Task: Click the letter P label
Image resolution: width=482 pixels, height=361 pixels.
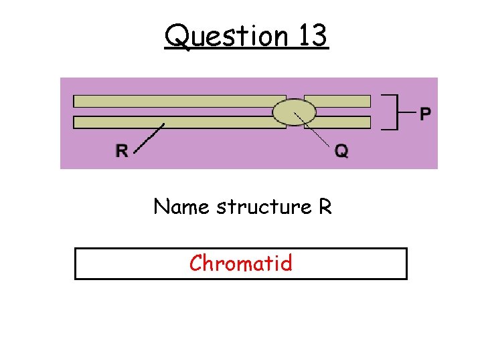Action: pos(425,114)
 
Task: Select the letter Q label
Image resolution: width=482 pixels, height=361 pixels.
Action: pos(341,152)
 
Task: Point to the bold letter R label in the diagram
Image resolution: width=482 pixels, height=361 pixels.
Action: pos(122,152)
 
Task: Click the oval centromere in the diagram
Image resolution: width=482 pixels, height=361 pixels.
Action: pos(295,112)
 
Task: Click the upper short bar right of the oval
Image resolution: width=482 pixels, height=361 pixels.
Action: pos(338,102)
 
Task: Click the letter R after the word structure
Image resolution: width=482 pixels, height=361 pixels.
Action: pos(325,207)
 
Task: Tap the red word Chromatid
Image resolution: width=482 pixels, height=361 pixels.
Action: pos(241,263)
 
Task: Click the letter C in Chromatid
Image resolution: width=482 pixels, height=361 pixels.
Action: pos(196,263)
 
